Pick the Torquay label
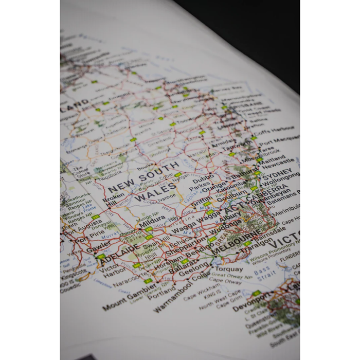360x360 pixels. click(x=229, y=268)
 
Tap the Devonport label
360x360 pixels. click(x=250, y=302)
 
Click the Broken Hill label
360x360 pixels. click(x=113, y=200)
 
